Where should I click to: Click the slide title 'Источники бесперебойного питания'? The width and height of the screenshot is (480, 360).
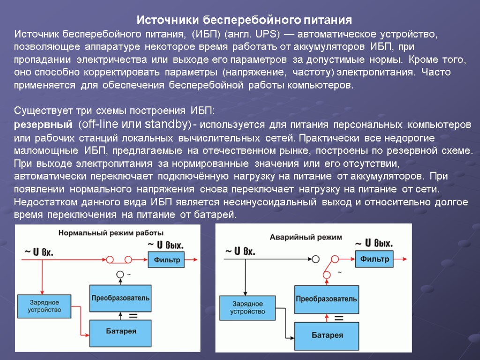click(244, 20)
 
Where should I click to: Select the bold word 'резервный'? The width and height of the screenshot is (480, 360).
click(43, 125)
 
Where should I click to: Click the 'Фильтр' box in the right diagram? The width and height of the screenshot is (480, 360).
click(375, 258)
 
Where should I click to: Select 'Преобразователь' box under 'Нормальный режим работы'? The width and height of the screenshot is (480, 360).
click(120, 298)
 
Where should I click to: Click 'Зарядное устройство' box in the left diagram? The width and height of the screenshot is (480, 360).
click(44, 306)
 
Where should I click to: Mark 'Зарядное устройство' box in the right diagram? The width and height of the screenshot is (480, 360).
click(247, 307)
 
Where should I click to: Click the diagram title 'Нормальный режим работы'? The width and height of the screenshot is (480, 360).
click(111, 232)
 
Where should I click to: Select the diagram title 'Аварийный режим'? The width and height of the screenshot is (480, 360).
click(306, 238)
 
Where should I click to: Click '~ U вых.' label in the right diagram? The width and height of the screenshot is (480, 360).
click(374, 243)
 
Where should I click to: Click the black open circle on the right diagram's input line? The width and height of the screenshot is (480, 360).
click(315, 259)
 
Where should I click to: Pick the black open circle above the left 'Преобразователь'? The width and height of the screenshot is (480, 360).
click(120, 274)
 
